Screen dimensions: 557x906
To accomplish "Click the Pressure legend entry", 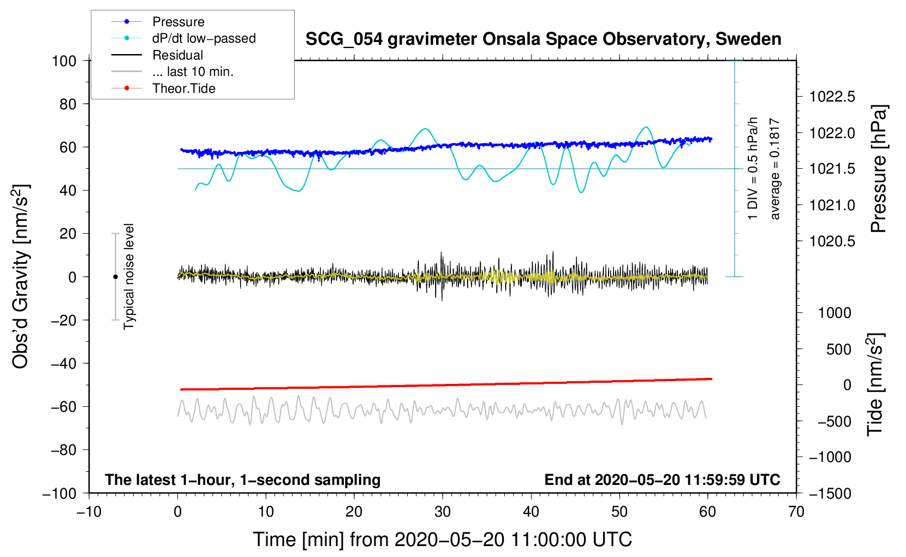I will [x=178, y=22].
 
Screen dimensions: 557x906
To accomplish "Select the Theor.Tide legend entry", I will [x=183, y=88].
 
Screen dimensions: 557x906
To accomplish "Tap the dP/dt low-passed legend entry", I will [x=204, y=38].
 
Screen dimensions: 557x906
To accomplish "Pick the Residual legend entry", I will [x=177, y=55].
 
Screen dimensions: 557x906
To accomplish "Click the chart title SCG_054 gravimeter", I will [x=543, y=39].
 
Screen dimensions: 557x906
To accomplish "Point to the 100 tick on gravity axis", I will [x=64, y=61].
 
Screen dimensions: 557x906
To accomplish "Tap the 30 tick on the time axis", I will [x=443, y=512].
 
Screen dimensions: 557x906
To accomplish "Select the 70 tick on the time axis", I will [x=796, y=512].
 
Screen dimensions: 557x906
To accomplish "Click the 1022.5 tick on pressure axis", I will [x=832, y=97].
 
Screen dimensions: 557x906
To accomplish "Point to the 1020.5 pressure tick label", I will [x=832, y=241].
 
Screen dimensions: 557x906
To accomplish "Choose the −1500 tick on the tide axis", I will [x=830, y=493].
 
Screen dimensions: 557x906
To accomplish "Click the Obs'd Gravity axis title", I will [x=21, y=277].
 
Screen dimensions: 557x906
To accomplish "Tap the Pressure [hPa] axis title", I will [x=879, y=169].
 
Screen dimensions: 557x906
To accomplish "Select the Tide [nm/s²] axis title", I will [x=875, y=384].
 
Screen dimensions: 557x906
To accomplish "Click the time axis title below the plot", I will [x=443, y=540].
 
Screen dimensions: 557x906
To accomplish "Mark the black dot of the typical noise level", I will [x=115, y=277].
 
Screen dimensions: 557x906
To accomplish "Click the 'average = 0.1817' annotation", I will [x=775, y=169].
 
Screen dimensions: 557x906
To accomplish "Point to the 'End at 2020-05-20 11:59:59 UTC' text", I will [x=662, y=480].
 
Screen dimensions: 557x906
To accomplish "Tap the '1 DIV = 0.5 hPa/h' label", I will [x=753, y=168].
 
